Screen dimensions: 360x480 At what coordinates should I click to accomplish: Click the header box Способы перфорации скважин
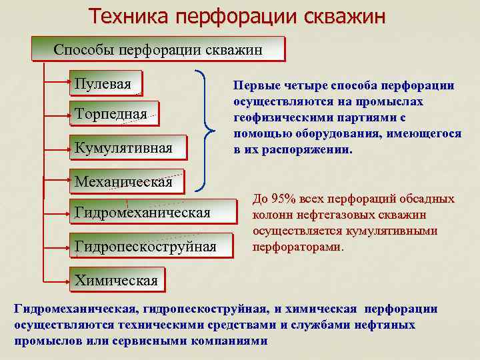[158, 49]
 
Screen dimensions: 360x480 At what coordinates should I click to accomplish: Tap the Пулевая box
[107, 83]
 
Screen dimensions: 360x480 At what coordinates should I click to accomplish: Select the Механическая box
[123, 181]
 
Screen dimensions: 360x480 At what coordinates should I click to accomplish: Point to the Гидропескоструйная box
[153, 246]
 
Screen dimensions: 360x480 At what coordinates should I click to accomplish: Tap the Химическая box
[116, 279]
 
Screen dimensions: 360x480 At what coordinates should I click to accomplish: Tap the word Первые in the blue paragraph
[252, 86]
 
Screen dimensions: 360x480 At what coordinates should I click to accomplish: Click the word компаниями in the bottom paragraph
[228, 340]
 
